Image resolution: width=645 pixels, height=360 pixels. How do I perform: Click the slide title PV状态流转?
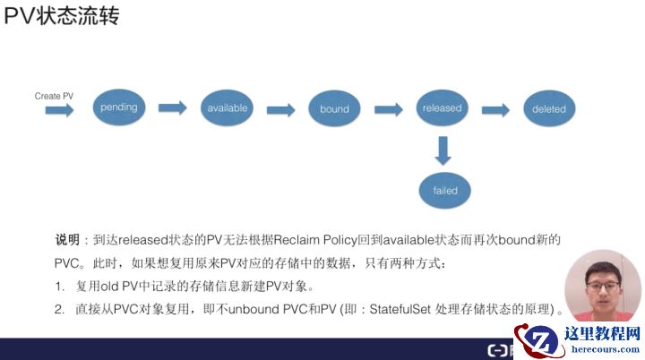coord(61,17)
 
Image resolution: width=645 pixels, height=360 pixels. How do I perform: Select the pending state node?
coord(119,108)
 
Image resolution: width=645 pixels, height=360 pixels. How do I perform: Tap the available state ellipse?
coord(227,108)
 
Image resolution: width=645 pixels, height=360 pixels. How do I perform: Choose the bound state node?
coord(334,109)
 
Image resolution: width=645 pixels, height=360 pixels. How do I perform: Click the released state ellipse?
coord(442,108)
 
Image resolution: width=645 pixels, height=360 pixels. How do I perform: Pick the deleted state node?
coord(549,109)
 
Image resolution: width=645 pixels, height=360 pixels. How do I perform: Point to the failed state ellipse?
coord(445,191)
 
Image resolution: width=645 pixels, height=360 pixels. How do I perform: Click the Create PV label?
coord(54,96)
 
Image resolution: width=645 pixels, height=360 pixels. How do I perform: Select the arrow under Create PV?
coord(60,110)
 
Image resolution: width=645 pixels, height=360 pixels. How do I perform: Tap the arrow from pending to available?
coord(172,108)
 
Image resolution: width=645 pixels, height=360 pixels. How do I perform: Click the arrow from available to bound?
coord(280,109)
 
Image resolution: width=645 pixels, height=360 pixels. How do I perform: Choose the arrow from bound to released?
coord(388,109)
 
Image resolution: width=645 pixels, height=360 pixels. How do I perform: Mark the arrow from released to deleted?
coord(495,109)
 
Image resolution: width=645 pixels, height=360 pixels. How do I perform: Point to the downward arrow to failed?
coord(442,150)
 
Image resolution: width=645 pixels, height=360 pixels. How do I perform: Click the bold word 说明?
coord(67,240)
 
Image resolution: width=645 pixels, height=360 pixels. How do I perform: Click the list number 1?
coord(58,287)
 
